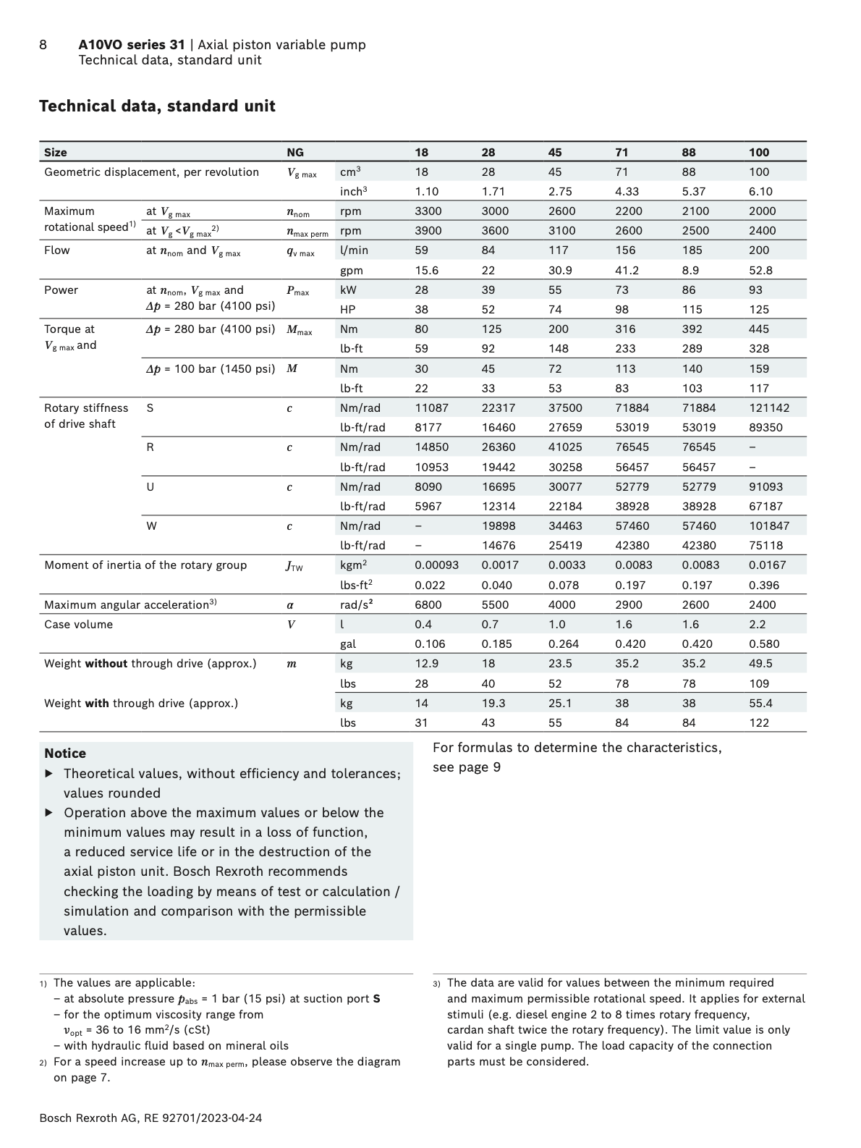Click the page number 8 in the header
[43, 45]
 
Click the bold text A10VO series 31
[132, 45]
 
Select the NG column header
[295, 152]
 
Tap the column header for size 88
[689, 152]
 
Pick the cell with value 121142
[769, 408]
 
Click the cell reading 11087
[431, 408]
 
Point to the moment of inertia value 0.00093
[436, 565]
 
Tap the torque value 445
[759, 329]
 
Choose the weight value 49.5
[760, 663]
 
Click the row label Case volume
[78, 624]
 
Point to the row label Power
[61, 290]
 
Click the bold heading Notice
[65, 754]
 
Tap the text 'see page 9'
[467, 767]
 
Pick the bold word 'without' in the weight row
[106, 663]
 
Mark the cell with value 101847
[769, 526]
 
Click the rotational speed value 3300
[428, 211]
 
